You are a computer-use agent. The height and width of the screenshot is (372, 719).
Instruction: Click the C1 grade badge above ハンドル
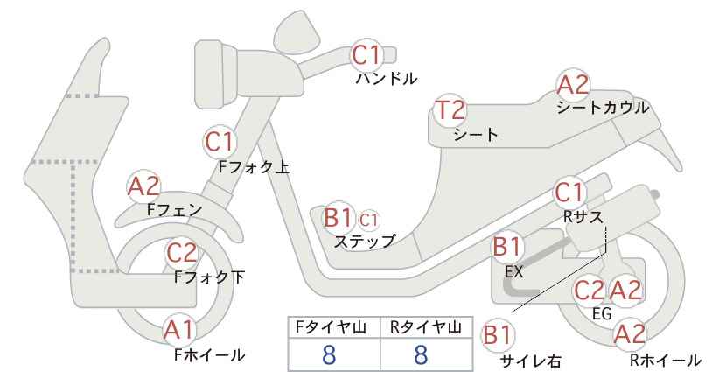pos(366,55)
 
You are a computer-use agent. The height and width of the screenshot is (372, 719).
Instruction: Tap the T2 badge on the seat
pos(450,110)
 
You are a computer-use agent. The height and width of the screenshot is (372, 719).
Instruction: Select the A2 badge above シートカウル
pos(573,85)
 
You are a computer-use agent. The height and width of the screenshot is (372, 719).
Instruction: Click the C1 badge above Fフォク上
pos(220,142)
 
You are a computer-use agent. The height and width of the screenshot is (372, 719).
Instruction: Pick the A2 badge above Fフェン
pos(143,186)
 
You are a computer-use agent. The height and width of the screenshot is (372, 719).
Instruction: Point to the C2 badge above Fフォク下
pos(182,253)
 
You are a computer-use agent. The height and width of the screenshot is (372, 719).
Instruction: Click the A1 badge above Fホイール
pos(180,330)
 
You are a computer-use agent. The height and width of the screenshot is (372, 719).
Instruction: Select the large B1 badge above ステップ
pos(338,218)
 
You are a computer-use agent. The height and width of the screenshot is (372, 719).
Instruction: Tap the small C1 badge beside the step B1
pos(368,221)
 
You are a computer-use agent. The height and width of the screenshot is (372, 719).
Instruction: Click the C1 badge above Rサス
pos(569,193)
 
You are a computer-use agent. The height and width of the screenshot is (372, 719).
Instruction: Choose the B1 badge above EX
pos(507,247)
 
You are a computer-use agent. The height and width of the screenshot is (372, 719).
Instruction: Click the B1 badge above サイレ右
pos(498,335)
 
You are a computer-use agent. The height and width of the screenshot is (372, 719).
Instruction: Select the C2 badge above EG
pos(590,291)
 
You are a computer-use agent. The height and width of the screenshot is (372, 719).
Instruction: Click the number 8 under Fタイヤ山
pos(329,355)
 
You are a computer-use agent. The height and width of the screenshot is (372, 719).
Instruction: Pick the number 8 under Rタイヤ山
pos(421,355)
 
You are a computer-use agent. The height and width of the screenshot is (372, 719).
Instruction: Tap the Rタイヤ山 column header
pos(426,327)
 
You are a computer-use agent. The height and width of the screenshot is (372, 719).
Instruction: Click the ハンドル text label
pos(387,79)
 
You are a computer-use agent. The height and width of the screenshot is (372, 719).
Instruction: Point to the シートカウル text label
pos(603,108)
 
